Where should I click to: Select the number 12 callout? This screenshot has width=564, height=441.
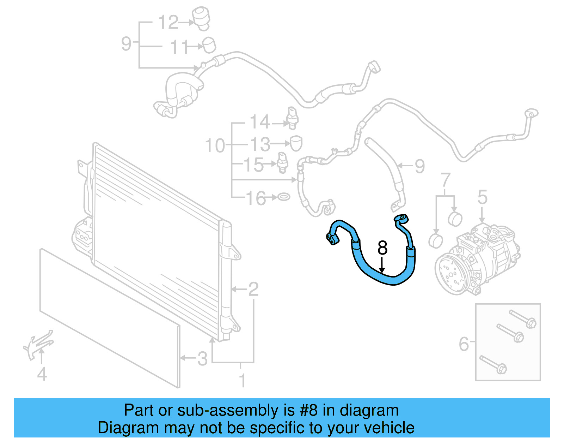point(168,22)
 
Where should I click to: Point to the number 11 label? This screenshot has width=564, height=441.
point(180,47)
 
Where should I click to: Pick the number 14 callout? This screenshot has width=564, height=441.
point(260,122)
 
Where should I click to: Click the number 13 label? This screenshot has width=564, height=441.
point(260,144)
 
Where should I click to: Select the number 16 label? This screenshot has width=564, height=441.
point(256,198)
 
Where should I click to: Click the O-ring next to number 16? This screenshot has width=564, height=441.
point(284,197)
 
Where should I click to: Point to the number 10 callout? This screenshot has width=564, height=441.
point(215,145)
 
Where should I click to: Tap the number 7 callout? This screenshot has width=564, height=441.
point(446,180)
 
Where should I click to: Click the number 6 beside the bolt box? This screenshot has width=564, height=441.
point(464,344)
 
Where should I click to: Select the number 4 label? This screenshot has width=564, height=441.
point(42,374)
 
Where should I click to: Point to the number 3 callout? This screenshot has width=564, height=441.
point(202,359)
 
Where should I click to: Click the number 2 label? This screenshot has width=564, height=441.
point(253,289)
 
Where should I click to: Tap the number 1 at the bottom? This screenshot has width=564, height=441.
point(242,381)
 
